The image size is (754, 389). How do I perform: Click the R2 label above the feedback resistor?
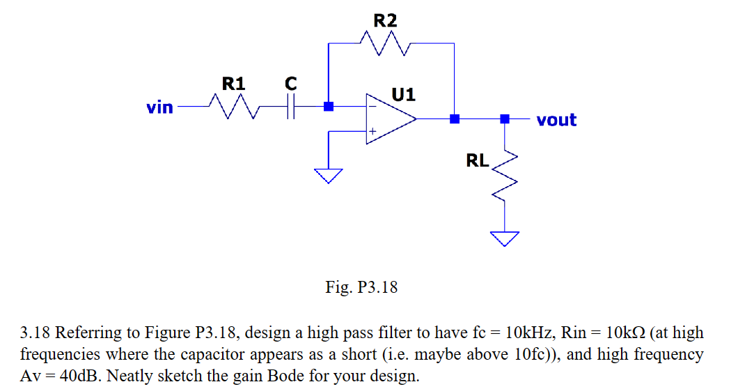point(385,20)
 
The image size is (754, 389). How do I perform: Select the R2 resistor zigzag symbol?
point(385,47)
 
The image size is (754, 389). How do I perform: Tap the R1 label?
point(233,84)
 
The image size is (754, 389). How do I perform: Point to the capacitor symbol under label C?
point(291,107)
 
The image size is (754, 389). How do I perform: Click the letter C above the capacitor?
point(291,84)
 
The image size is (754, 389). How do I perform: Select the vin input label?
point(159,107)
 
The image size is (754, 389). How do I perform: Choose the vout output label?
point(556,120)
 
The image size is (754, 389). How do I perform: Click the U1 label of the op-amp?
point(403,93)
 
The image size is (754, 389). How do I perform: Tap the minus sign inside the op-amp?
point(372,107)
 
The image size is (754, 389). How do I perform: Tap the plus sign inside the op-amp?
point(372,131)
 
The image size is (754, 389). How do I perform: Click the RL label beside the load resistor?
point(477,161)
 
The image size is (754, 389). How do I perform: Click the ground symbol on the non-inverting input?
point(328,175)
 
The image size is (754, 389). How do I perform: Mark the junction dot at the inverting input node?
point(329,107)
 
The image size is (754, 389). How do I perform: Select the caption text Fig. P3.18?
point(361,287)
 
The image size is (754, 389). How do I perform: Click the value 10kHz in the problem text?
point(521,332)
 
